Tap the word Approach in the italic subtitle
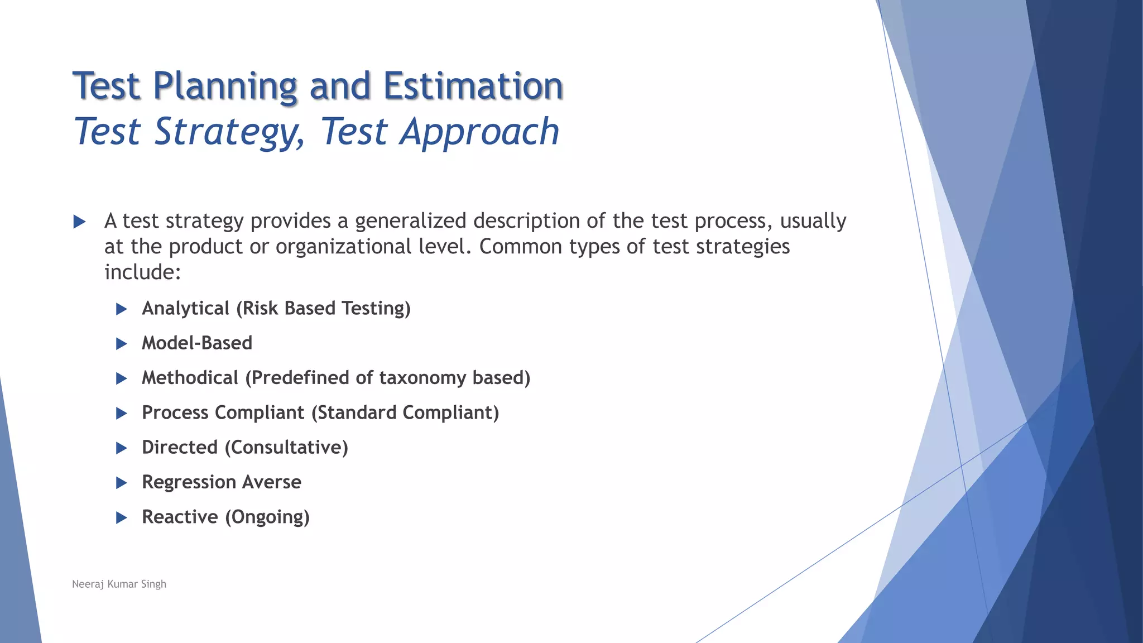coord(479,132)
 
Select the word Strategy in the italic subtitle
coord(229,132)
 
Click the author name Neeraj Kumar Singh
coord(119,584)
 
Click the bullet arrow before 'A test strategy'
coord(79,222)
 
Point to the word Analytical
coord(185,308)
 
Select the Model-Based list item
coord(196,343)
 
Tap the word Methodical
coord(190,378)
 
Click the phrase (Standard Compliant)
coord(405,412)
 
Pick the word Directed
coord(179,447)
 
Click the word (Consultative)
coord(286,447)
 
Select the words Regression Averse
coord(221,482)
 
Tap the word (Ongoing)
coord(267,517)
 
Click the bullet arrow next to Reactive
coord(121,517)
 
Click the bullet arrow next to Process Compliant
coord(121,413)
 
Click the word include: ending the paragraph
coord(143,272)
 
